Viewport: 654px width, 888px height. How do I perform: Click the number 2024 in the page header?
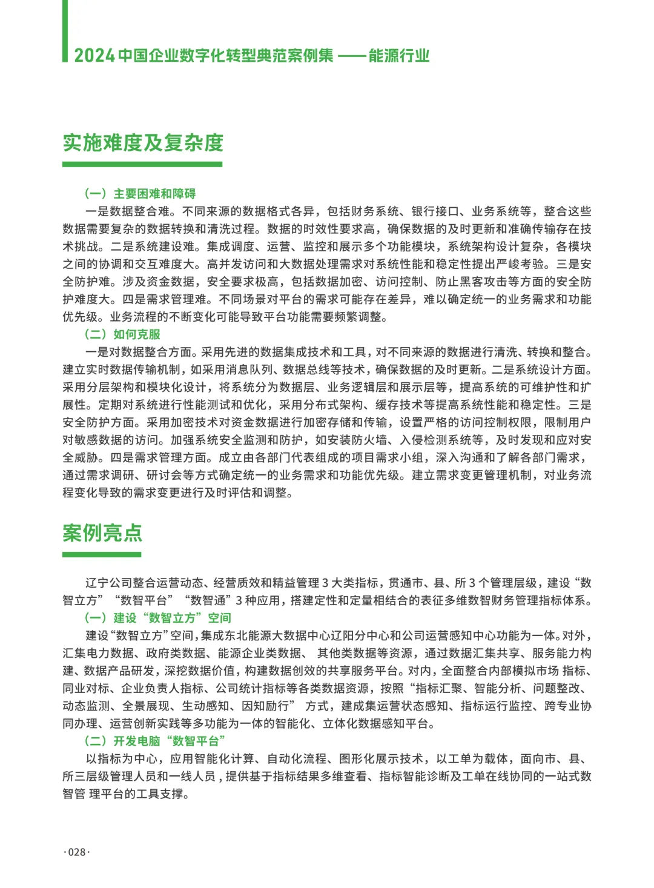click(94, 56)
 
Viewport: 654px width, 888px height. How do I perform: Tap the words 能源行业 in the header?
click(399, 56)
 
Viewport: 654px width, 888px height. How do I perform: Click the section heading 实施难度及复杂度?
click(143, 143)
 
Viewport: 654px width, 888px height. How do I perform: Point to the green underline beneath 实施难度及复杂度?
click(142, 164)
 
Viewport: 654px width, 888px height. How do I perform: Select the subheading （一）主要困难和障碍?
click(140, 194)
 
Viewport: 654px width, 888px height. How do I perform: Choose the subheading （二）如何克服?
click(122, 334)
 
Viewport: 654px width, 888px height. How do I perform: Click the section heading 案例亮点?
click(102, 533)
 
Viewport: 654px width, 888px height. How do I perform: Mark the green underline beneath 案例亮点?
click(102, 554)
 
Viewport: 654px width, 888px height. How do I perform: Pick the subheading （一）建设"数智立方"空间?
click(157, 618)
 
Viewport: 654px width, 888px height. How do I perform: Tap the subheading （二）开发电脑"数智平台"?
click(155, 741)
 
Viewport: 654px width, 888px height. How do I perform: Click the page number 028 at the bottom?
click(77, 852)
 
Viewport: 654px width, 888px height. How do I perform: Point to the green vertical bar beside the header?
click(65, 30)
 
